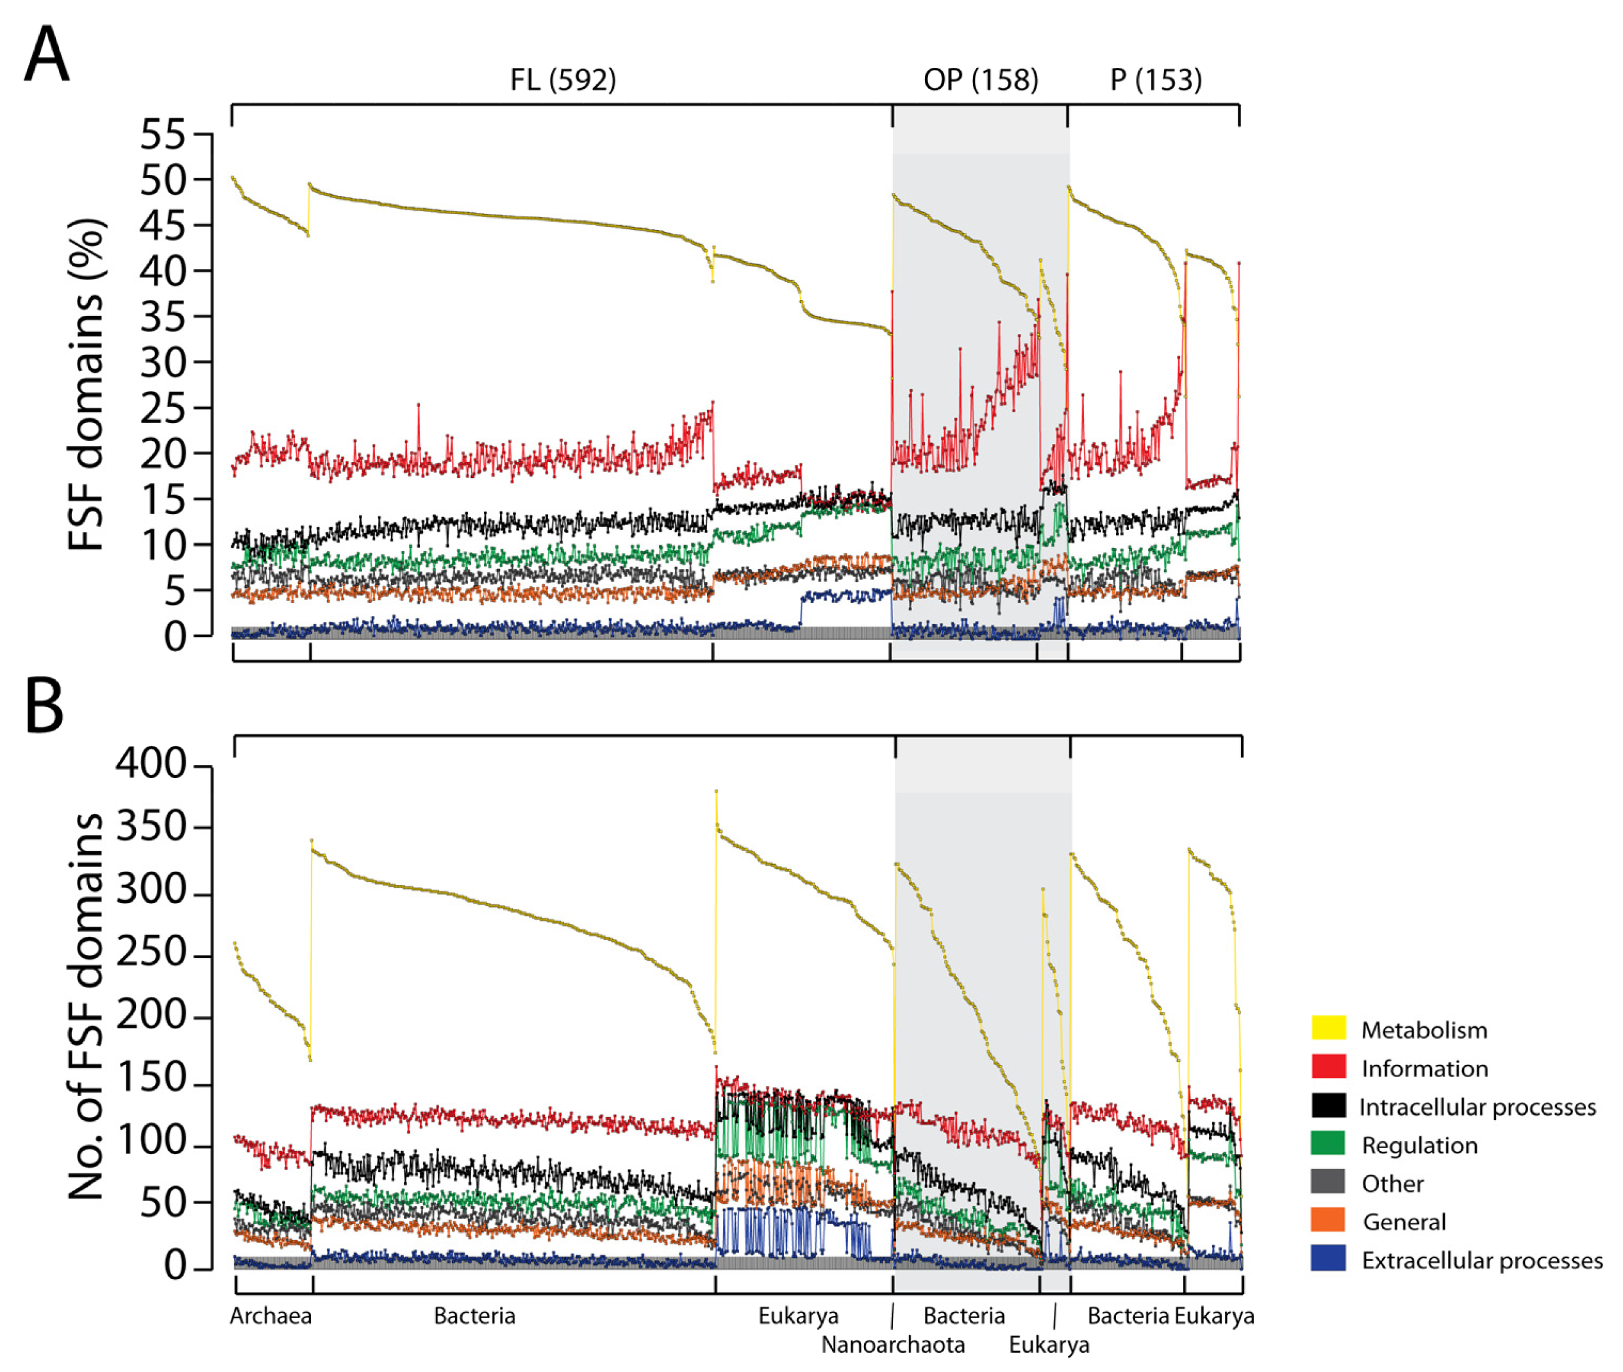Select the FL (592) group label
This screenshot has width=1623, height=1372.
click(x=563, y=79)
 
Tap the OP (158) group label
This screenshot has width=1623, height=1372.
click(x=980, y=79)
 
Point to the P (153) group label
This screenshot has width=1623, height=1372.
click(x=1156, y=79)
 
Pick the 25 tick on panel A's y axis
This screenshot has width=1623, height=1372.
click(x=163, y=408)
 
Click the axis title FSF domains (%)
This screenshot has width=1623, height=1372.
click(x=86, y=385)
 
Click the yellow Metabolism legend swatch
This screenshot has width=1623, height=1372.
click(x=1328, y=1029)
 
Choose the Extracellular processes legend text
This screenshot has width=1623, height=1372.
click(x=1481, y=1260)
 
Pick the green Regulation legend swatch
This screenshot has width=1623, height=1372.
click(x=1328, y=1144)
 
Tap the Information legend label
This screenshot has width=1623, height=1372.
click(x=1424, y=1069)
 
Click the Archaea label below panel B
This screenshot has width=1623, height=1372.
click(x=270, y=1316)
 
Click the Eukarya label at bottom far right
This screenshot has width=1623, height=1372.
click(x=1214, y=1316)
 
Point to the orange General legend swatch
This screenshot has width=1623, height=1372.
click(x=1328, y=1221)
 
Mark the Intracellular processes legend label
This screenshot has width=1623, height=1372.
click(x=1477, y=1107)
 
